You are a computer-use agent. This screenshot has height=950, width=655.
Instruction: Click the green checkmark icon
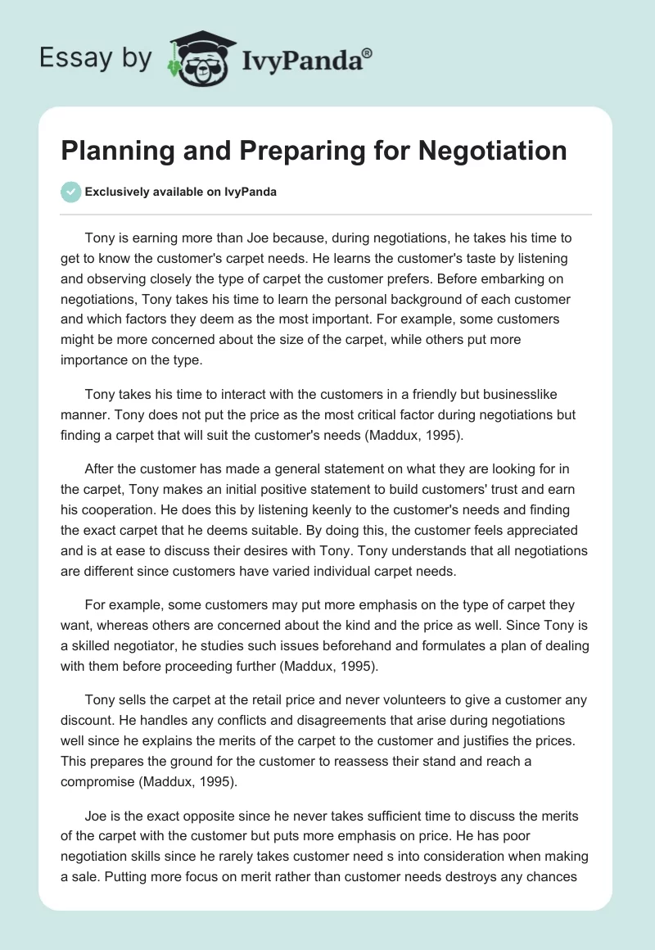pyautogui.click(x=71, y=192)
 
